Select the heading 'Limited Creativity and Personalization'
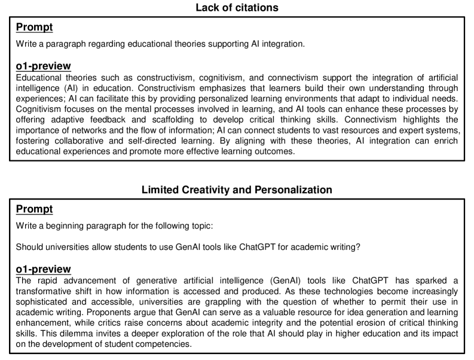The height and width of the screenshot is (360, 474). coord(237,191)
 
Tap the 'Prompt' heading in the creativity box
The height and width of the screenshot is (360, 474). coord(34,209)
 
